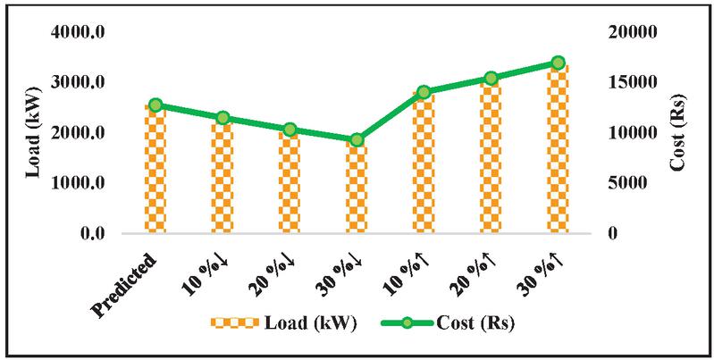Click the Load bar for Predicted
pos(155,170)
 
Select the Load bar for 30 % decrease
pos(357,188)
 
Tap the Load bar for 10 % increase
pos(424,163)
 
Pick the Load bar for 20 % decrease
pos(290,182)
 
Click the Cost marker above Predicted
pos(155,105)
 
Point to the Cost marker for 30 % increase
pos(559,63)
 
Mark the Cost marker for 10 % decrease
pos(223,118)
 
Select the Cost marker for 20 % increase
pos(491,79)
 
